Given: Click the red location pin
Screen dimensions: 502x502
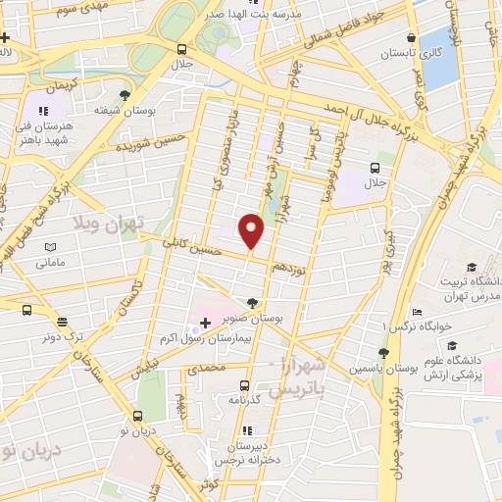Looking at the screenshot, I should [x=252, y=230].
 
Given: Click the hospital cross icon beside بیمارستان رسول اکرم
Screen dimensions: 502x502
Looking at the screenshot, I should [x=204, y=322].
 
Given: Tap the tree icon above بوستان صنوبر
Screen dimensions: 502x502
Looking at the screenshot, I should [x=254, y=303].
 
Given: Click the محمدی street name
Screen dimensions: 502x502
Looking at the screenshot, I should [x=206, y=368].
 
